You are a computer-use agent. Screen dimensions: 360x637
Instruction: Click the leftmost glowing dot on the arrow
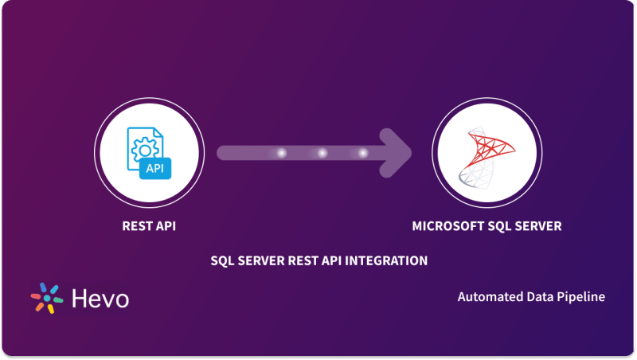(281, 153)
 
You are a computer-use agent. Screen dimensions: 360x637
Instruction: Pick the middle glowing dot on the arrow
(322, 153)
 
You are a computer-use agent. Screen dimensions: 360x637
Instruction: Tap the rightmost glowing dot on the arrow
(363, 153)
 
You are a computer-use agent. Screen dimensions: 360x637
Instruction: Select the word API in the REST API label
(165, 226)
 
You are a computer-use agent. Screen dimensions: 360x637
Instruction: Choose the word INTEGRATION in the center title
(390, 260)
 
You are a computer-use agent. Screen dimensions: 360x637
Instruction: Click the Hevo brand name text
(100, 299)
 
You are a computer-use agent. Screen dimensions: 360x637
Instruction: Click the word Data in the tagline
(535, 297)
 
